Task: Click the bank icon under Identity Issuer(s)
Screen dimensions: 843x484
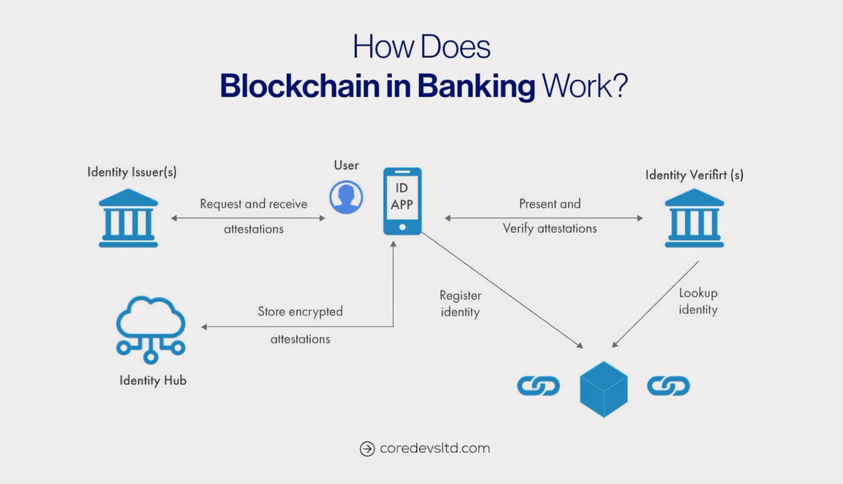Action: pos(128,218)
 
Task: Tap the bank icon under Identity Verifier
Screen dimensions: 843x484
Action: pos(694,218)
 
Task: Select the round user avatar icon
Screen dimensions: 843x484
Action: pos(346,197)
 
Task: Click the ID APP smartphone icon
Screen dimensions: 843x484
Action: pos(402,201)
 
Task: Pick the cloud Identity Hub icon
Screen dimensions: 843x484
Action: pos(151,330)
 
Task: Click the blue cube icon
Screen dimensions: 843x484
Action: pos(603,390)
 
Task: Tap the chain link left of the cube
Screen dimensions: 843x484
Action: pos(538,386)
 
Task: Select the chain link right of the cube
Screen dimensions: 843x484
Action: pos(668,386)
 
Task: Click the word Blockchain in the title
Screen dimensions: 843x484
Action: pos(300,86)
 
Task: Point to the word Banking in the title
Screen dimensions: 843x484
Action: pos(476,87)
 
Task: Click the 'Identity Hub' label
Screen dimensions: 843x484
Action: pos(153,381)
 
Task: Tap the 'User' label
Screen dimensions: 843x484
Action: pos(346,165)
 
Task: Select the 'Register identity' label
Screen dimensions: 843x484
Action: pos(460,304)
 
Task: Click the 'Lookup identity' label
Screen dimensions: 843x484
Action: pos(698,301)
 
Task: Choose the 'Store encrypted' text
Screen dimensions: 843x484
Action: pos(300,311)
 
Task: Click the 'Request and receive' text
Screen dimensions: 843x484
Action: pos(254,204)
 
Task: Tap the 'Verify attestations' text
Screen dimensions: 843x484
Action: pos(550,228)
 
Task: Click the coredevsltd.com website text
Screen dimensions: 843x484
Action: pos(435,449)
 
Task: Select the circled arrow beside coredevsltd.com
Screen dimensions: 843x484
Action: pos(367,449)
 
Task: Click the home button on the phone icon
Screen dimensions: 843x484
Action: pos(402,227)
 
